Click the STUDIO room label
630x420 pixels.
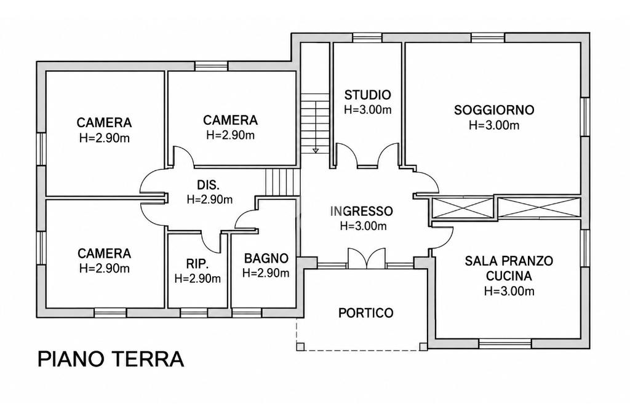pyautogui.click(x=368, y=95)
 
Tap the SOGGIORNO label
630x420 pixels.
pyautogui.click(x=494, y=110)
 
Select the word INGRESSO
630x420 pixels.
pyautogui.click(x=362, y=211)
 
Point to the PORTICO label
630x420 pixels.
pyautogui.click(x=365, y=313)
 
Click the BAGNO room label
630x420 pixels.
pyautogui.click(x=266, y=258)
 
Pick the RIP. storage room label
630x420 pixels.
pyautogui.click(x=197, y=264)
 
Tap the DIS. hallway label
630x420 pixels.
pyautogui.click(x=209, y=185)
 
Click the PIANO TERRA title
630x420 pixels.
pyautogui.click(x=111, y=359)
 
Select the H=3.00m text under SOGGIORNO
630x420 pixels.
pyautogui.click(x=494, y=125)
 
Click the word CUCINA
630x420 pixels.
pyautogui.click(x=509, y=276)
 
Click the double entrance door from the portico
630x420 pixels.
pyautogui.click(x=367, y=258)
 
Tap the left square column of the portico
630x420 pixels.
pyautogui.click(x=300, y=347)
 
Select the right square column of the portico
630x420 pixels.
pyautogui.click(x=423, y=347)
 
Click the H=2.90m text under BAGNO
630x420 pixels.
pyautogui.click(x=266, y=273)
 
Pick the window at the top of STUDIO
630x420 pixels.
pyautogui.click(x=367, y=38)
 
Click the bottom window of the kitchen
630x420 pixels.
pyautogui.click(x=506, y=344)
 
